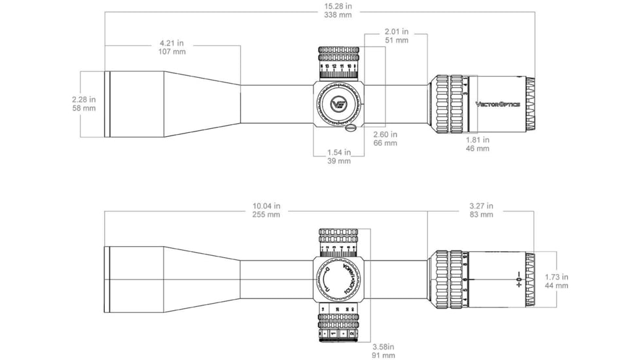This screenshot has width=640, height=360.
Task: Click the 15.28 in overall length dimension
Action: tap(338, 6)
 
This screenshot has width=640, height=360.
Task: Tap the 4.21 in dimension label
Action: tap(171, 45)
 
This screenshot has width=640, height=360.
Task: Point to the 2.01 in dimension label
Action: tap(397, 31)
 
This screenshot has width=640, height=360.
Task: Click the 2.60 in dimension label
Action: tap(385, 134)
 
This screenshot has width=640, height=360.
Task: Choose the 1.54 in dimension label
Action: tap(338, 153)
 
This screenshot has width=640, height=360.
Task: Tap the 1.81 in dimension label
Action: tap(477, 139)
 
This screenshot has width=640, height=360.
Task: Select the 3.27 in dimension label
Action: tap(481, 206)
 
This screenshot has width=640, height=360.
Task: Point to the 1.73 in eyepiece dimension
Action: tap(556, 277)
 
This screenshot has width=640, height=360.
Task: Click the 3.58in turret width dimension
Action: tap(383, 347)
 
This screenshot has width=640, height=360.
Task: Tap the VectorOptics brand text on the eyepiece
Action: tap(498, 104)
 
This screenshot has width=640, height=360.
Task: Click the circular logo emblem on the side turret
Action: tap(338, 104)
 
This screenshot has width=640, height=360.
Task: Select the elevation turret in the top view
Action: tap(338, 63)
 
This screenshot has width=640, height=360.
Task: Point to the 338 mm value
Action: tap(338, 15)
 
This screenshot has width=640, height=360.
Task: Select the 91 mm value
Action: tap(383, 355)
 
